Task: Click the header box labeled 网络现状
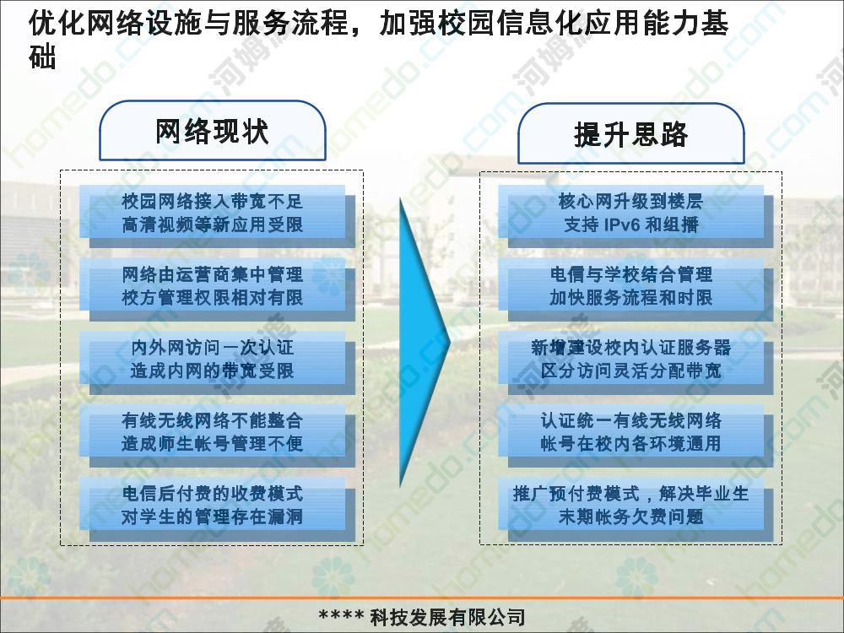point(213,131)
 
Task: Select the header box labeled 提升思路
point(630,134)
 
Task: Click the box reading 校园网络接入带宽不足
point(217,216)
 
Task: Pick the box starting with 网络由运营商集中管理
point(217,289)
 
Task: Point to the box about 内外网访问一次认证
point(217,362)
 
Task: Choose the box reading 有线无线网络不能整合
point(217,436)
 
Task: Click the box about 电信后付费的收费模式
point(217,509)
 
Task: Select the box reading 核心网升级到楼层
point(636,216)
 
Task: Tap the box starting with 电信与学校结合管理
point(636,289)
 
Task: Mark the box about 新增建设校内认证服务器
point(636,362)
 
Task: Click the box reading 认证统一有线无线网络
point(636,436)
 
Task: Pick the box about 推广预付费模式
point(636,509)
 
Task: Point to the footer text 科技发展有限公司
point(447,617)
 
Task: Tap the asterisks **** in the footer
point(341,615)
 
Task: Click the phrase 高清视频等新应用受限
point(212,225)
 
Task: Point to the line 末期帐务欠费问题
point(630,517)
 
